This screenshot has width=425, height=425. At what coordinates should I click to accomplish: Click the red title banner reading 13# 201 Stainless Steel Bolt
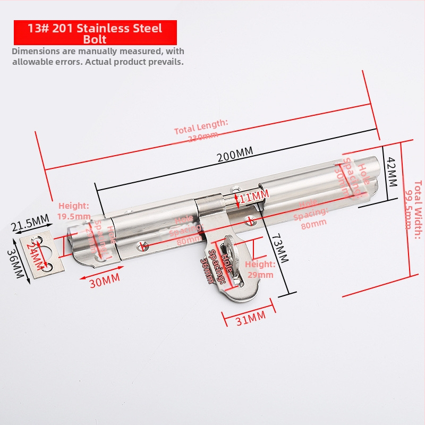tap(95, 32)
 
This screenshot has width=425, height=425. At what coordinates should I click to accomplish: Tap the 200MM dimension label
tap(235, 154)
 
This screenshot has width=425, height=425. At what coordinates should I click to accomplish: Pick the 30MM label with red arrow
tap(104, 280)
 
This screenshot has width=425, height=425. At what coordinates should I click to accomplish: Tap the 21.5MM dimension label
tap(30, 221)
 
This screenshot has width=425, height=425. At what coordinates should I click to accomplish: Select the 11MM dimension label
tap(254, 197)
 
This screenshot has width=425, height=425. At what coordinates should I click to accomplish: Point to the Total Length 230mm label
tap(201, 130)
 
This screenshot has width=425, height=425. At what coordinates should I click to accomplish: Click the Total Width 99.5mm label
tap(414, 205)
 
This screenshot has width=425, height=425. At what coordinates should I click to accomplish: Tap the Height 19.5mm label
tap(74, 211)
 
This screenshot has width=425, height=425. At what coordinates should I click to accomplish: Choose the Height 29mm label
tap(260, 269)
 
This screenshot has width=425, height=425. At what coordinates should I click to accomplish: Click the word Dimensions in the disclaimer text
tap(37, 52)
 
